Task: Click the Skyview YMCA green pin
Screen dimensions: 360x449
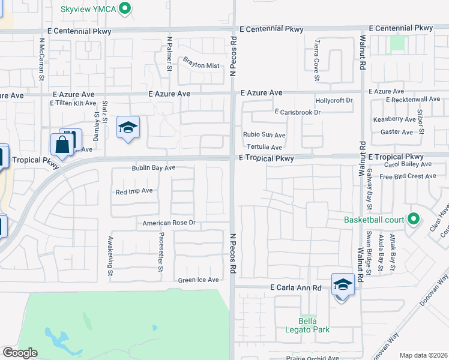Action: [x=125, y=8]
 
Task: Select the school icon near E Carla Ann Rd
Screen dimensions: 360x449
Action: [x=343, y=285]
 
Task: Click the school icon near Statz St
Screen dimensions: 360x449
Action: [x=128, y=127]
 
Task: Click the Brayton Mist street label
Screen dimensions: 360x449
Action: [x=201, y=65]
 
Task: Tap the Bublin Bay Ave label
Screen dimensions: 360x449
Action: [x=153, y=168]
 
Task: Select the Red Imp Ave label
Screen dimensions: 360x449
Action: [x=134, y=191]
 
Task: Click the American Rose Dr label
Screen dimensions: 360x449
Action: [x=169, y=223]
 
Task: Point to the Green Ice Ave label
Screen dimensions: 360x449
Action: [x=198, y=280]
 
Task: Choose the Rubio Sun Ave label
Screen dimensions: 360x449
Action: [x=264, y=135]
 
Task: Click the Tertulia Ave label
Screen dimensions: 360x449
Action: [x=262, y=147]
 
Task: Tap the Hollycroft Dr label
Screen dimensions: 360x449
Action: [x=334, y=100]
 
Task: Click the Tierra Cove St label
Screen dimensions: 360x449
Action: [x=316, y=61]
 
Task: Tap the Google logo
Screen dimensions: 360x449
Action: [x=20, y=353]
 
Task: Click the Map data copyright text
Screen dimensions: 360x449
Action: [x=423, y=355]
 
